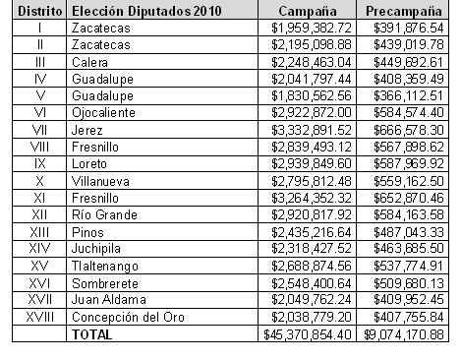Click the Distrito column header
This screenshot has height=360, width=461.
pyautogui.click(x=39, y=11)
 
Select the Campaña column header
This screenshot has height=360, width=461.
pyautogui.click(x=308, y=12)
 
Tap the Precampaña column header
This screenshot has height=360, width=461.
pyautogui.click(x=403, y=12)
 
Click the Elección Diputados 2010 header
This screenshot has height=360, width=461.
pyautogui.click(x=146, y=11)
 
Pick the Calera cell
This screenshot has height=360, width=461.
pyautogui.click(x=89, y=62)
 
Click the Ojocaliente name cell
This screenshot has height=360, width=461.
pyautogui.click(x=103, y=113)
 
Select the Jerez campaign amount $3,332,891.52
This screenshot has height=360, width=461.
pyautogui.click(x=312, y=130)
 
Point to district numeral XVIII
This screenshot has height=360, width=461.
pyautogui.click(x=40, y=317)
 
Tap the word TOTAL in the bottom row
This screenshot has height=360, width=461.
pyautogui.click(x=92, y=334)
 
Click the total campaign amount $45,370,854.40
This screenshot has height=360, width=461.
pyautogui.click(x=308, y=334)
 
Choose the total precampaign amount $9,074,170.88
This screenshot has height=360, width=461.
pyautogui.click(x=404, y=334)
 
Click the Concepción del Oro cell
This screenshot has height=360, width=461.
pyautogui.click(x=128, y=317)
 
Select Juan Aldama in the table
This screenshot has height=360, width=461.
pyautogui.click(x=109, y=299)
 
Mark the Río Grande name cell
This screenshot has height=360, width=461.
pyautogui.click(x=104, y=214)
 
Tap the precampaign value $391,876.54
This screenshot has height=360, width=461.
pyautogui.click(x=409, y=28)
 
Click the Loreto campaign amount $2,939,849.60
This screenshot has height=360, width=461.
pyautogui.click(x=312, y=163)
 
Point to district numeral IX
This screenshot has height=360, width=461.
pyautogui.click(x=40, y=163)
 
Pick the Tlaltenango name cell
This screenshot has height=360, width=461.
pyautogui.click(x=105, y=266)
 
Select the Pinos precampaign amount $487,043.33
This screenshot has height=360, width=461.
pyautogui.click(x=409, y=232)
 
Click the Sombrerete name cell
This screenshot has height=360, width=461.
pyautogui.click(x=105, y=283)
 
